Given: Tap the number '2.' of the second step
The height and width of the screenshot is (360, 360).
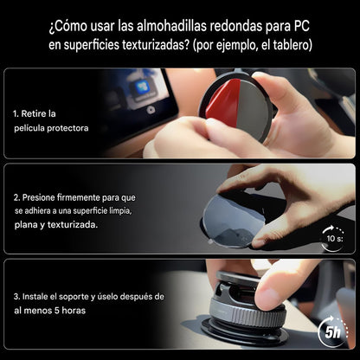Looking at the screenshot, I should (x=17, y=196).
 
